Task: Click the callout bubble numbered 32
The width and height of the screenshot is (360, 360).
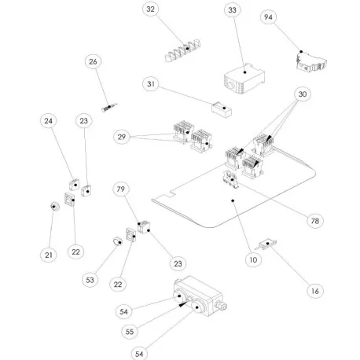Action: click(151, 10)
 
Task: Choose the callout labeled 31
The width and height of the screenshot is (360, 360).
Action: click(151, 83)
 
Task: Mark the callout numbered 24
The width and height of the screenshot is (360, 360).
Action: click(49, 122)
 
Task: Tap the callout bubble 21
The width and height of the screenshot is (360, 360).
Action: click(48, 255)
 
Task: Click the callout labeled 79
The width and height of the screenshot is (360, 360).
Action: click(121, 189)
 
